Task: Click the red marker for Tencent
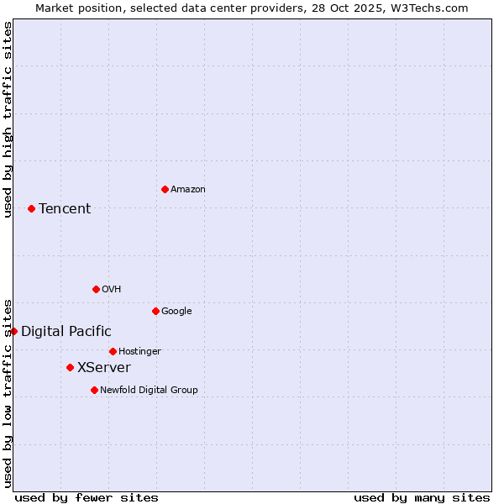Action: pos(31,208)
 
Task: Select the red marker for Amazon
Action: pos(165,189)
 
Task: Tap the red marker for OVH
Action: pos(96,289)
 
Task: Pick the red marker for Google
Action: pos(155,311)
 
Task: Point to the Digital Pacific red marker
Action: pos(13,331)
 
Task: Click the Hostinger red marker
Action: pos(113,351)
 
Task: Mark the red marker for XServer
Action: pos(70,367)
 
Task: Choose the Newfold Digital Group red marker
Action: pos(94,390)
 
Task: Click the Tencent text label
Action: pos(65,209)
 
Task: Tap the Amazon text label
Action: pos(188,190)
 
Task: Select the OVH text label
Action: pos(112,290)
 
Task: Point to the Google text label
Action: pos(176,312)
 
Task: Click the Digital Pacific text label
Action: pos(66,332)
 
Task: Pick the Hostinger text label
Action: pos(139,352)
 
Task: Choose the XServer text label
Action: pos(104,368)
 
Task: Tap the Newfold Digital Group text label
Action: pos(149,391)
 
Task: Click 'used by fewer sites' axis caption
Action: pos(87,497)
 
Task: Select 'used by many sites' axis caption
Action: pos(422,497)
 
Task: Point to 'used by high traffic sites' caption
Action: pos(8,119)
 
